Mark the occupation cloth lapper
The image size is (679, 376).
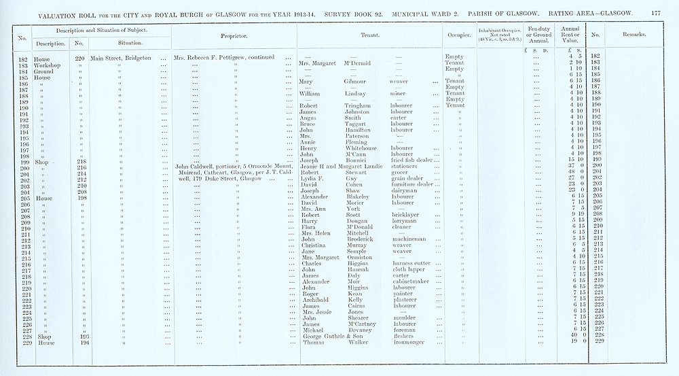[409, 270]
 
